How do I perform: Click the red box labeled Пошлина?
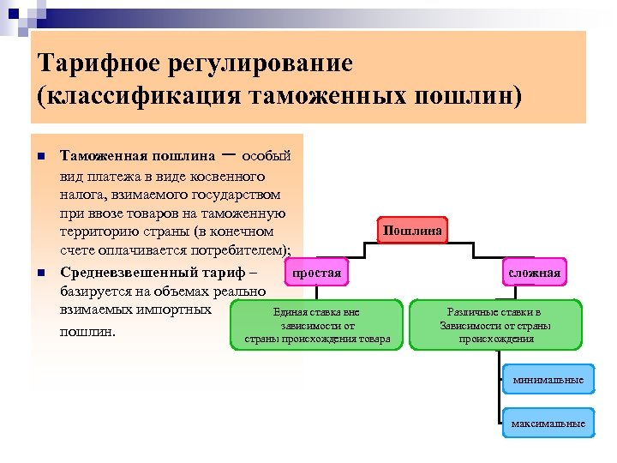413,231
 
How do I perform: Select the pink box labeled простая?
316,274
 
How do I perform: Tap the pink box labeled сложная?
534,274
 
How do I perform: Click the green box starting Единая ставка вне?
316,325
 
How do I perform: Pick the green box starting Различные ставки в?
495,325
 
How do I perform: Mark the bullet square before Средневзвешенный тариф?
39,274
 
